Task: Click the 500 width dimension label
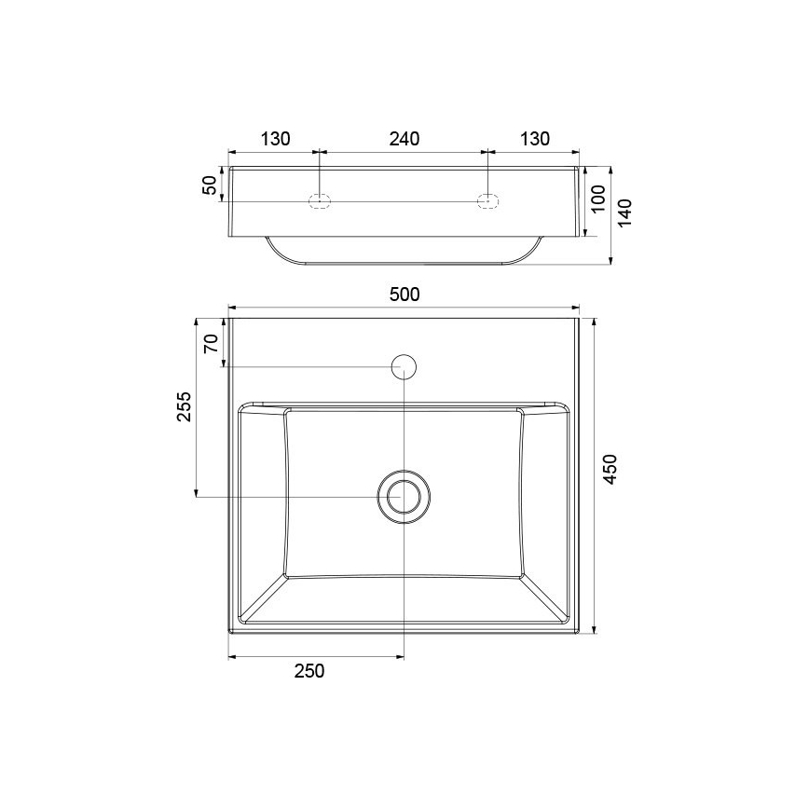tap(404, 295)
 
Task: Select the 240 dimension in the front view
tap(404, 139)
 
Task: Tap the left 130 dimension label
tap(275, 139)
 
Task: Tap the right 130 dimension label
tap(534, 139)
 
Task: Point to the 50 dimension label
tap(211, 185)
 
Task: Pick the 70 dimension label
tap(211, 343)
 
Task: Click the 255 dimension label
tap(185, 407)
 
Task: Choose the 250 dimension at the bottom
tap(309, 671)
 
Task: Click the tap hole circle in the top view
tap(404, 366)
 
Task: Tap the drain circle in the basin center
tap(404, 496)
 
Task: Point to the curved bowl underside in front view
tap(404, 261)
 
